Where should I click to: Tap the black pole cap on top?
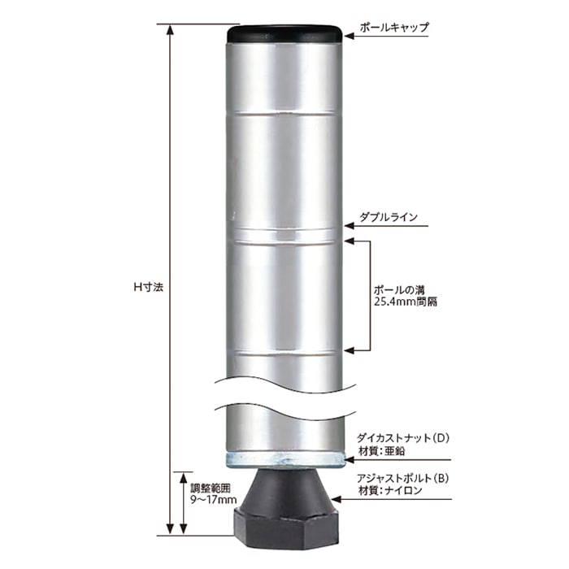pyautogui.click(x=284, y=35)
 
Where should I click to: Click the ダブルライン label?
pyautogui.click(x=389, y=217)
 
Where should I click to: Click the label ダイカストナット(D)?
pyautogui.click(x=403, y=438)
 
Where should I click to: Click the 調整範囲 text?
pyautogui.click(x=210, y=488)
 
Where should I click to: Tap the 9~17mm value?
pyautogui.click(x=213, y=500)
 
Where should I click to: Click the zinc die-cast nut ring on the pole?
pyautogui.click(x=284, y=459)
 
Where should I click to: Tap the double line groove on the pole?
pyautogui.click(x=284, y=234)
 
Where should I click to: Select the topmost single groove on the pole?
pyautogui.click(x=284, y=113)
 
